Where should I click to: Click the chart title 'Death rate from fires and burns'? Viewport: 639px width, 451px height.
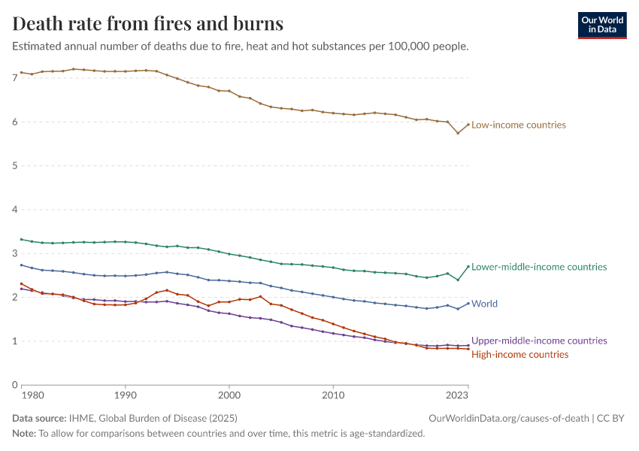148,23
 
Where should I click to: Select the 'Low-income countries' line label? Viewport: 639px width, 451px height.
518,125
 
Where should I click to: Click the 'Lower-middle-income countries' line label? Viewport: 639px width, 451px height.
538,267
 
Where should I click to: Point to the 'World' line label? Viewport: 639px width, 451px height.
484,304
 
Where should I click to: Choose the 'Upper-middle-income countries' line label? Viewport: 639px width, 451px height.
538,341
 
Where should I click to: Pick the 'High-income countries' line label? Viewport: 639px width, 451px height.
519,354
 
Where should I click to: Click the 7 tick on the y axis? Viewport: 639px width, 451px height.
15,78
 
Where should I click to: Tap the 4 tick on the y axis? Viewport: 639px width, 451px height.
15,210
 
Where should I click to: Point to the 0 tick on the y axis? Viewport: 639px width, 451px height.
15,385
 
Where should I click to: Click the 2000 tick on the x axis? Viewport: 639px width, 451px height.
229,394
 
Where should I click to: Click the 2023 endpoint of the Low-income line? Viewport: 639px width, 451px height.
468,125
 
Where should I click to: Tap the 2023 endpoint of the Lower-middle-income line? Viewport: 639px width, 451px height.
468,266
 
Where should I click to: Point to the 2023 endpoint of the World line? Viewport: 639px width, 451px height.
468,303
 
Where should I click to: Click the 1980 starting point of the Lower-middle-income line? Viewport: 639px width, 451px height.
21,239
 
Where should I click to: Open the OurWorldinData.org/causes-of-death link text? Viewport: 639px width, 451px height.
509,419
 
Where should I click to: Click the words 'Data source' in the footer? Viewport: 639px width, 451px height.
38,419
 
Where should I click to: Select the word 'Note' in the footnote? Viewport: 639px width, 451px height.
24,434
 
